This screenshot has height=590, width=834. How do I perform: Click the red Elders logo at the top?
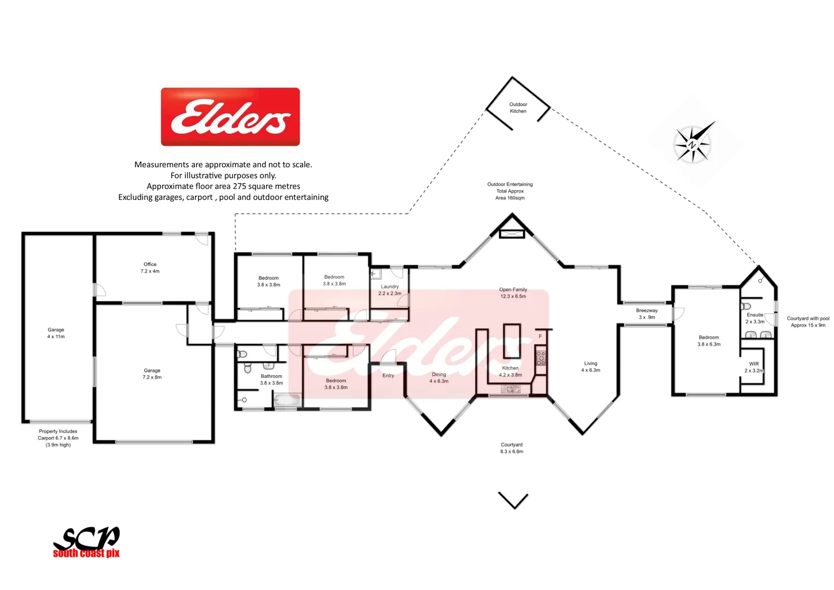click(x=230, y=117)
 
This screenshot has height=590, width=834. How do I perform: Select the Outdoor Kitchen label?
click(x=518, y=108)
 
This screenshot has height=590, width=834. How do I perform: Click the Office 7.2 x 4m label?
click(x=150, y=268)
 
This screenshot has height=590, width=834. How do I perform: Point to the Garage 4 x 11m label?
click(x=56, y=333)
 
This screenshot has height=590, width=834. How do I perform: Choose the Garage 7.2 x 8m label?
click(x=152, y=374)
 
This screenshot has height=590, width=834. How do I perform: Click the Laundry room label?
click(x=389, y=290)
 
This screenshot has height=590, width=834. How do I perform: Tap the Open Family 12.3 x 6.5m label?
click(x=513, y=293)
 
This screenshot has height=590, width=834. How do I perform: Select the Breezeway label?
click(x=647, y=314)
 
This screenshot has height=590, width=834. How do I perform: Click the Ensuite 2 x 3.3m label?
click(x=755, y=318)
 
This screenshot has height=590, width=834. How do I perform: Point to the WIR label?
click(x=754, y=367)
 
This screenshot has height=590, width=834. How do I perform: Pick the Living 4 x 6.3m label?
click(x=590, y=367)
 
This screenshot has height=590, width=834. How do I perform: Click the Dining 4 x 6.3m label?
click(x=439, y=377)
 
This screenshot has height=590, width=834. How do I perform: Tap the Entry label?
click(x=388, y=375)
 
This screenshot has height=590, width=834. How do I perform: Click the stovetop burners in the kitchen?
click(x=540, y=358)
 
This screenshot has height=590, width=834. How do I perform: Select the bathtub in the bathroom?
click(x=287, y=400)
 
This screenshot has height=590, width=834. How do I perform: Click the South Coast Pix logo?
click(x=86, y=542)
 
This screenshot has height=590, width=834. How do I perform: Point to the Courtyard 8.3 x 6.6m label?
click(x=511, y=448)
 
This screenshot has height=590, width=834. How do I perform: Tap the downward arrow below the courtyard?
click(x=513, y=500)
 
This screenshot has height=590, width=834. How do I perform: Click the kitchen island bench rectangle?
click(x=512, y=341)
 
